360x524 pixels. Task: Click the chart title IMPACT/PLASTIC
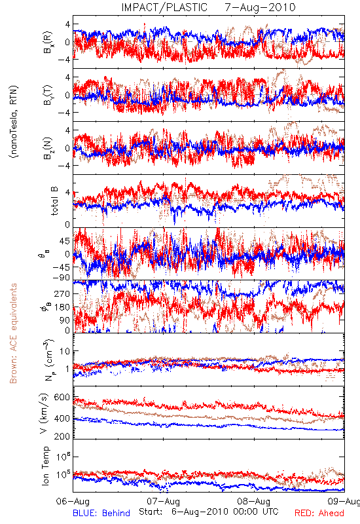click(x=164, y=7)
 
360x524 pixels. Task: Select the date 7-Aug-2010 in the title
click(x=260, y=7)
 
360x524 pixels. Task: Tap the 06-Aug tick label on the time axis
click(x=73, y=501)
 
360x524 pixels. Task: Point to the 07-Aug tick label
click(x=163, y=501)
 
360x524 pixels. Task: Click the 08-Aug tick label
click(x=253, y=501)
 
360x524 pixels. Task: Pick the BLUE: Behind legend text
click(x=101, y=513)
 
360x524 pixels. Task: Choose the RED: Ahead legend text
click(x=319, y=513)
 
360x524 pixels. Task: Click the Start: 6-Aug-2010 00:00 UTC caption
click(x=208, y=512)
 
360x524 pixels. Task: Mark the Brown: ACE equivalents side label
click(x=13, y=333)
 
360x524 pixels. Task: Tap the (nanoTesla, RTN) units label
click(x=14, y=122)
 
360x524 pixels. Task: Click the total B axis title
click(x=54, y=201)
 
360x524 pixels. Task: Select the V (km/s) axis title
click(x=44, y=413)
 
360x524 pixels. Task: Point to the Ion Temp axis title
click(x=45, y=466)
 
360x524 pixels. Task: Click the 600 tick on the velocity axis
click(x=62, y=398)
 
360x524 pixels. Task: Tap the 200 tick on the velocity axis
click(x=62, y=436)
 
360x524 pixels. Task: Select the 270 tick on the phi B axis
click(x=62, y=293)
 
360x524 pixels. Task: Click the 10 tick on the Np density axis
click(x=65, y=351)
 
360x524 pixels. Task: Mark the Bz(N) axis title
click(x=46, y=148)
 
